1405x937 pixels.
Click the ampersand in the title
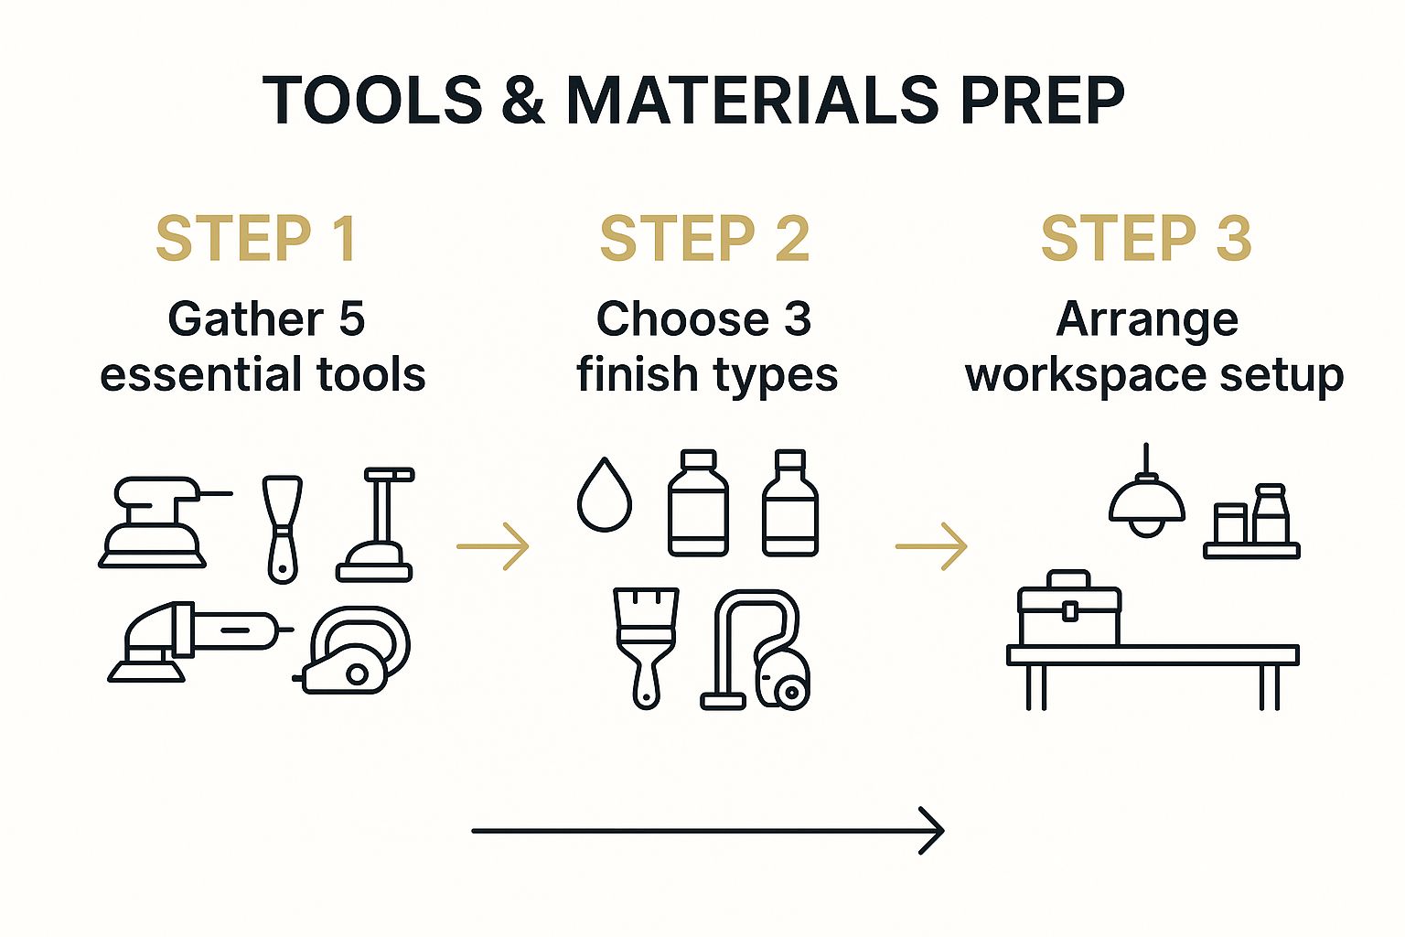coord(523,100)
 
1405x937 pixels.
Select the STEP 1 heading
coord(256,238)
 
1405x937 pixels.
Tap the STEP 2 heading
coord(704,238)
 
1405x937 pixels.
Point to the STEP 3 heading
coord(1146,238)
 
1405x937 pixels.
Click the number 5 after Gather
coord(352,318)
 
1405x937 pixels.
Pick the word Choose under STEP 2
coord(682,318)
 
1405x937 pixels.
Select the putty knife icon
coord(283,529)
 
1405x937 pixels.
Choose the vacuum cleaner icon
coord(756,650)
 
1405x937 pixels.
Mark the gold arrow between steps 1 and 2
coord(493,546)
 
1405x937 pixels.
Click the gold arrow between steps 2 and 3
coord(931,546)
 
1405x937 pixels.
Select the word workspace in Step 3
coord(1086,376)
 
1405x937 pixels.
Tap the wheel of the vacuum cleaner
coord(791,693)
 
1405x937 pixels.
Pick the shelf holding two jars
coord(1251,551)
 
